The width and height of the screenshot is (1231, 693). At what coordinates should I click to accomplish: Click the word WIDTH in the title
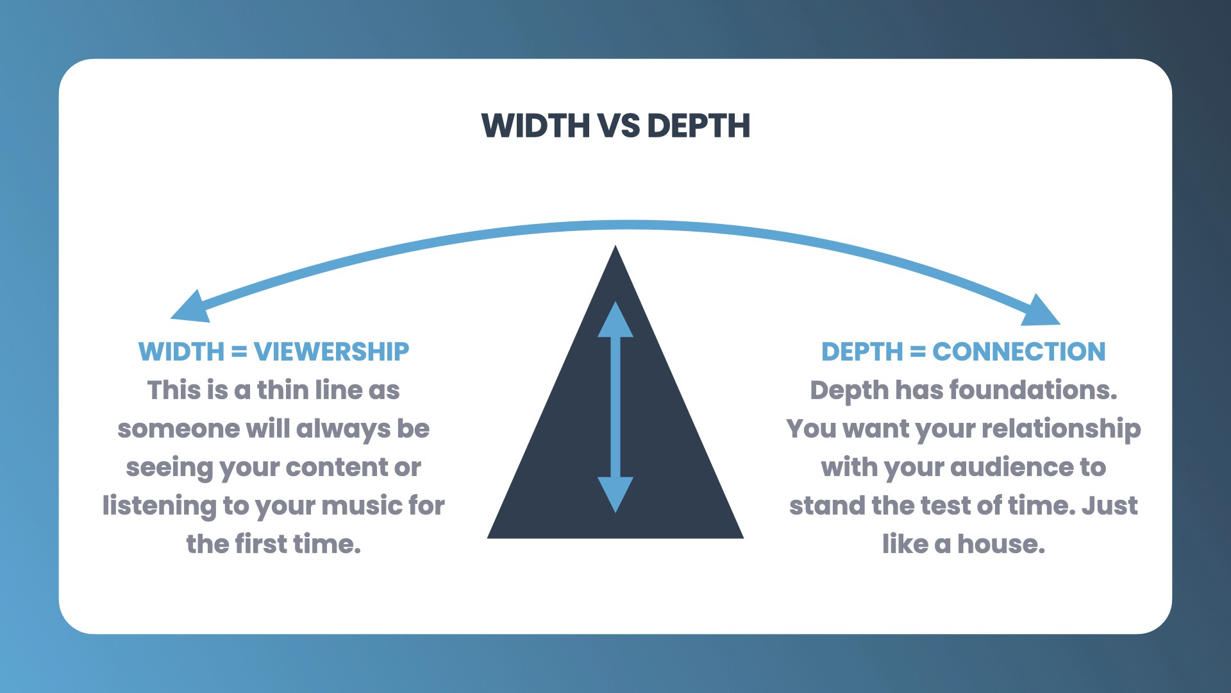[535, 126]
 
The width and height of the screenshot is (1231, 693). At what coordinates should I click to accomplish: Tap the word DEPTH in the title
[698, 126]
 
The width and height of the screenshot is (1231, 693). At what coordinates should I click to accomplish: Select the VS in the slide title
[619, 126]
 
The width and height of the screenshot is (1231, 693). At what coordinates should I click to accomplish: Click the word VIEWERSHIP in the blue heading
[331, 352]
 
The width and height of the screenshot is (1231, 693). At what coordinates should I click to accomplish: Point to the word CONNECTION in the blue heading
[1019, 352]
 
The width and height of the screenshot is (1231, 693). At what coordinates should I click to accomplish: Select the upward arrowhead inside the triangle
[615, 321]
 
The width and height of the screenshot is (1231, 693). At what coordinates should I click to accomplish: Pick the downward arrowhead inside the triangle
[615, 493]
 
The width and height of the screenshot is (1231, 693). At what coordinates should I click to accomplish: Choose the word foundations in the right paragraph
[1033, 390]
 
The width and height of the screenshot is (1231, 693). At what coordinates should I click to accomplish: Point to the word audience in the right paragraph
[1011, 467]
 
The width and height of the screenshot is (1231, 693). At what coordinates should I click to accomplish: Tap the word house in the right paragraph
[1001, 544]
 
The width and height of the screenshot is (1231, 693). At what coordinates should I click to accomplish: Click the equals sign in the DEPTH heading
[917, 352]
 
